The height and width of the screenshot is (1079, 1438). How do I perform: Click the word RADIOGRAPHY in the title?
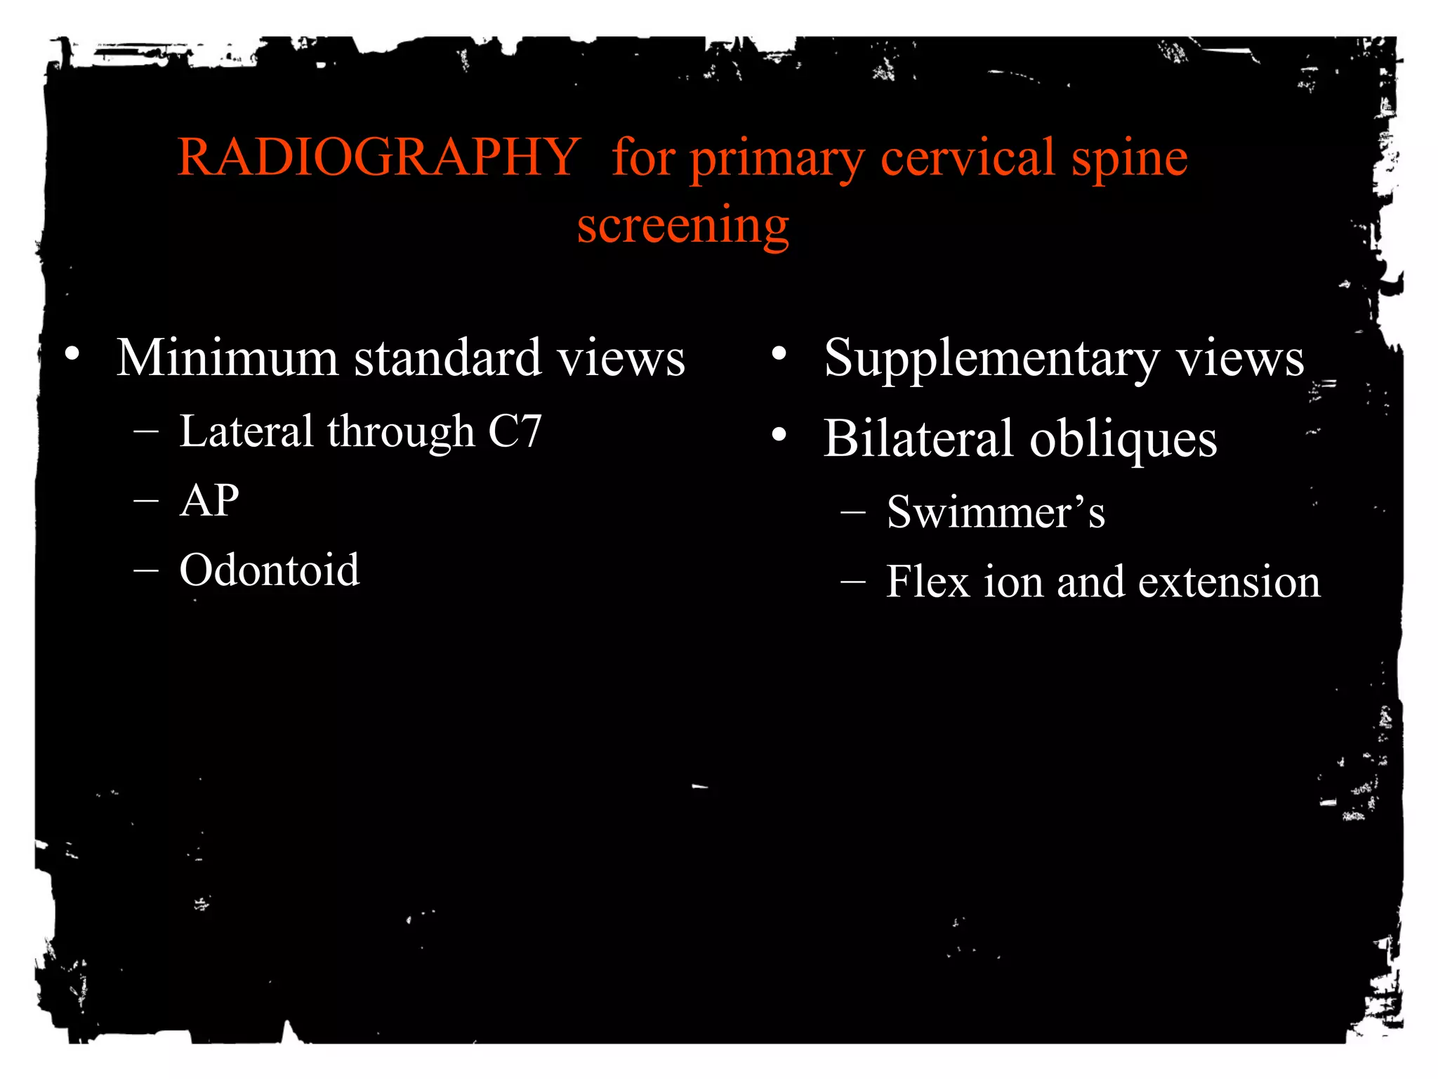[x=378, y=157]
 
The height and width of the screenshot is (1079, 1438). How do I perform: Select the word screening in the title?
[x=683, y=226]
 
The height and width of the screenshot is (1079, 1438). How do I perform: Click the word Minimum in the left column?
[x=227, y=358]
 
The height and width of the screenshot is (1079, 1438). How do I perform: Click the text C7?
[x=515, y=431]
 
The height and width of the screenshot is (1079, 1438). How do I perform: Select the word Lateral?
[x=246, y=431]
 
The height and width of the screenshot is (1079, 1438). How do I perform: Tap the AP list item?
[x=209, y=501]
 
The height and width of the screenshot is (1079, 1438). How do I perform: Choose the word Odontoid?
[x=270, y=570]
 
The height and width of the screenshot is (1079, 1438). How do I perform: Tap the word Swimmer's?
[x=996, y=512]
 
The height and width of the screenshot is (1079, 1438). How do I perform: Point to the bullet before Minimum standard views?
[x=72, y=353]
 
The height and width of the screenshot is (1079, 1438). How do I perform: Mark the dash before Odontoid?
[x=146, y=570]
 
